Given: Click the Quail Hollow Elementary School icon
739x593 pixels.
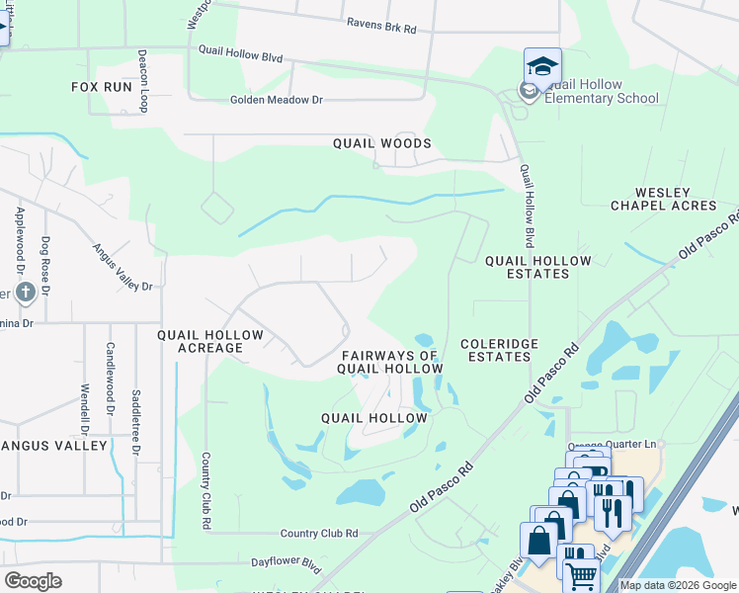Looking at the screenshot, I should click(x=542, y=66).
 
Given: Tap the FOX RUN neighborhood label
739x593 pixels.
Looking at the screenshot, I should click(x=102, y=87).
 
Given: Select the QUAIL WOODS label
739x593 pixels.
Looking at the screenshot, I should click(x=381, y=143).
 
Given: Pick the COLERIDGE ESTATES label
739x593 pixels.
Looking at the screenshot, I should click(x=499, y=350).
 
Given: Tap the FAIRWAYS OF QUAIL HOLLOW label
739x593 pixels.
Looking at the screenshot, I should click(x=391, y=362).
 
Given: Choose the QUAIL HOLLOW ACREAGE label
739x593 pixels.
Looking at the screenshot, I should click(x=210, y=341).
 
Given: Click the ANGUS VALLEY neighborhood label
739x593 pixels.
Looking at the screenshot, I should click(x=53, y=446).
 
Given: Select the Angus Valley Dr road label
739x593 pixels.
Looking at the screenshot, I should click(x=123, y=268).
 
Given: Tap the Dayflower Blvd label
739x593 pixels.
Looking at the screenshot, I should click(x=287, y=564).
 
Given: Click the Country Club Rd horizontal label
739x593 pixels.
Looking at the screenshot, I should click(x=318, y=533).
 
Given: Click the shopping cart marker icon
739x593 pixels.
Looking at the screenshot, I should click(x=581, y=574).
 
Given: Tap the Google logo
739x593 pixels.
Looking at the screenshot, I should click(x=33, y=581).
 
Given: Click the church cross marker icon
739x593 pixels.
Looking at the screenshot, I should click(x=26, y=292).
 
